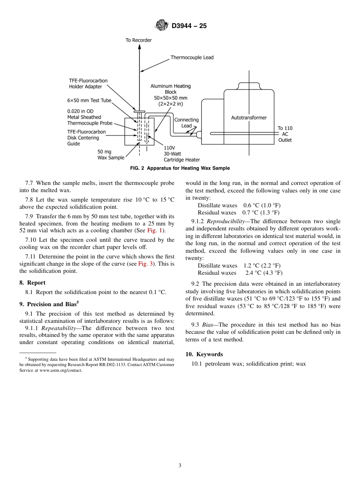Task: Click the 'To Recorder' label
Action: tap(139, 40)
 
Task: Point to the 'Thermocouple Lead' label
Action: tap(192, 58)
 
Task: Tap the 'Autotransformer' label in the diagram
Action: tap(249, 118)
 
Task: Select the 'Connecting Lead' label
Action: tap(186, 123)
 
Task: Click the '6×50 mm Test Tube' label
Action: tap(89, 100)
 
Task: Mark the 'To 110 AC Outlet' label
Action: tap(285, 134)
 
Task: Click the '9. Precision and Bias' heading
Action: tap(49, 304)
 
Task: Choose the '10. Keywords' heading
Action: tap(204, 354)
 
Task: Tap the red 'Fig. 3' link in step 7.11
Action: tap(146, 264)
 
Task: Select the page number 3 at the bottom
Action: tap(180, 466)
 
